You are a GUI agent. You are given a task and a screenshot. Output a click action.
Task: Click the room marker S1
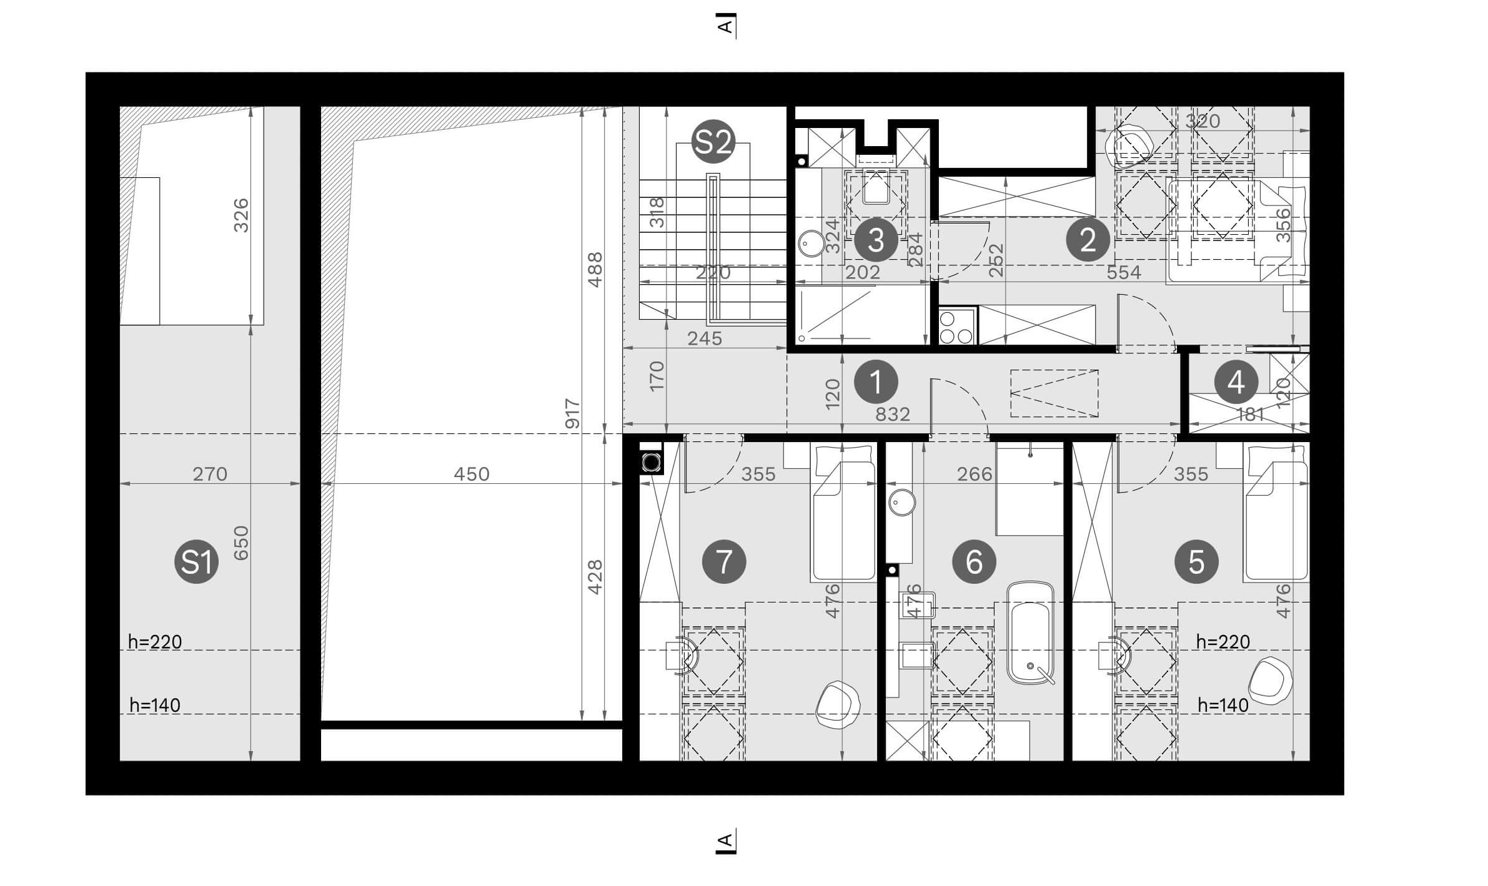pos(196,561)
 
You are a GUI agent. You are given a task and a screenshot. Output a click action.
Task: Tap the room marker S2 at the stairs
pos(713,142)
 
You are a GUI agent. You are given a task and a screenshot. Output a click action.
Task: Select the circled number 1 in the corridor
pos(876,381)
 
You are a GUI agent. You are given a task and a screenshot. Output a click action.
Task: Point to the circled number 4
pos(1236,381)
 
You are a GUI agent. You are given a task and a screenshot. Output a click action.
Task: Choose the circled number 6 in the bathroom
pos(974,561)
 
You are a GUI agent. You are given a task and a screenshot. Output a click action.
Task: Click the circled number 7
pos(723,561)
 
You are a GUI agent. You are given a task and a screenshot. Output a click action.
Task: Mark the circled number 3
pos(876,239)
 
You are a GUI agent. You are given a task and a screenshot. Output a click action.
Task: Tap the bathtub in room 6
pos(1030,633)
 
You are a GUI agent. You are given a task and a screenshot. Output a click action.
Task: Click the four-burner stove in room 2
pos(956,327)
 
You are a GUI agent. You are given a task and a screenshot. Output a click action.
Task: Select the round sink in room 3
pos(811,244)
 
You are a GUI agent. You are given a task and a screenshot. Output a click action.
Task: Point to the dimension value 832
pos(892,414)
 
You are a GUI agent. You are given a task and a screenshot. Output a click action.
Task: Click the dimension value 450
pos(472,474)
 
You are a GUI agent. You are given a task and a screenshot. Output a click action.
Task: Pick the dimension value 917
pos(572,413)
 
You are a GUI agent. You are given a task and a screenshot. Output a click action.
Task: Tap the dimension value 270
pos(210,474)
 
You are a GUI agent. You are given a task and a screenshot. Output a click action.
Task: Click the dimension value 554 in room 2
pos(1123,272)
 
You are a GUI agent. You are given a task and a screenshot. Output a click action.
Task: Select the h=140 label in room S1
pos(155,705)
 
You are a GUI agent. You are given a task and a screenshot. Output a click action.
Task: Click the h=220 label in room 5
pos(1223,642)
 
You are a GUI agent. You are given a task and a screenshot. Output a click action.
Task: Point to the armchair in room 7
pos(838,705)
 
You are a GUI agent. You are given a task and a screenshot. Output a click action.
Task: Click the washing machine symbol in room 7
pos(652,463)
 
